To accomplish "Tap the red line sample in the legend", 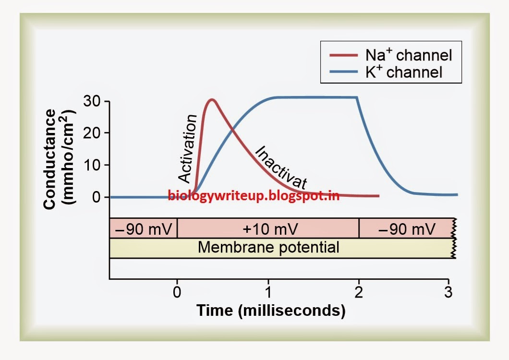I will tap(344, 55).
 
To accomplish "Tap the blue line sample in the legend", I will tap(344, 73).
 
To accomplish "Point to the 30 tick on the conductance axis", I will tap(92, 101).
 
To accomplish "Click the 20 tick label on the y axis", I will tap(92, 133).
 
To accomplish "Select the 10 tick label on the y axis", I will tap(92, 165).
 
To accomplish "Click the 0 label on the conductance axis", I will tap(97, 197).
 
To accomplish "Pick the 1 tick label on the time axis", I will tap(268, 291).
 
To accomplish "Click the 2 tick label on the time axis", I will tap(359, 291).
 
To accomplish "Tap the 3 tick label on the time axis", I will tap(448, 291).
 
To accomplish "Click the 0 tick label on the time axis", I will tap(177, 291).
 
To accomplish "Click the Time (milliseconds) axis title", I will tap(270, 310).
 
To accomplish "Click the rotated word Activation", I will tap(188, 149).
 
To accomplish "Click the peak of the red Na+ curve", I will tap(211, 100).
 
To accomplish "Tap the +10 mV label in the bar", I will tap(270, 228).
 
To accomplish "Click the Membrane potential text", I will tap(268, 248).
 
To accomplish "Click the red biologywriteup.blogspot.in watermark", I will tap(254, 195).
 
